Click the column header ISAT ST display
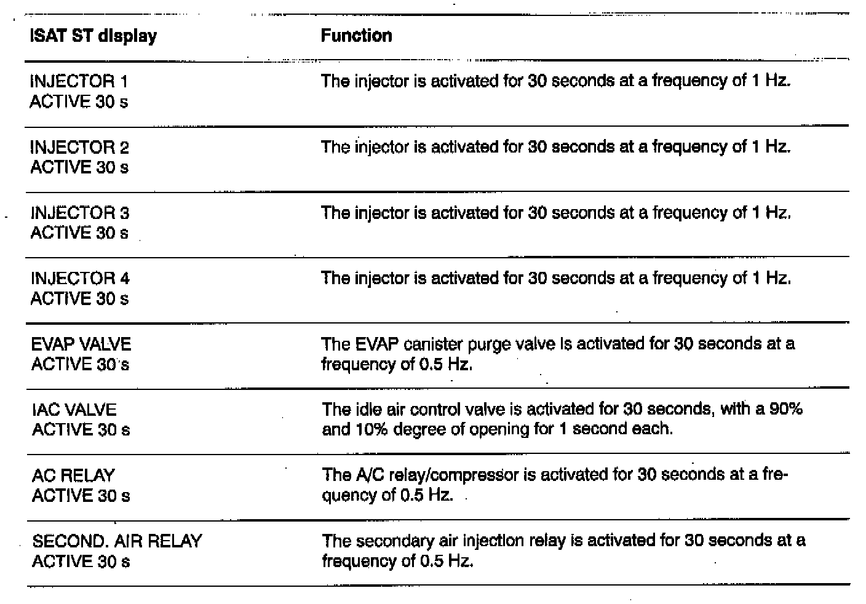(x=93, y=36)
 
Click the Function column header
(x=356, y=36)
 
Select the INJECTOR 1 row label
(x=79, y=81)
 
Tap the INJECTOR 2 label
(x=79, y=148)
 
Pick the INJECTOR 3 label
(x=80, y=213)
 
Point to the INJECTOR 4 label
(x=80, y=279)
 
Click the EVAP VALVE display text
(x=81, y=344)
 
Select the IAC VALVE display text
(x=74, y=410)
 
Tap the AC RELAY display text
(x=73, y=475)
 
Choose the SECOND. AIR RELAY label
(x=117, y=541)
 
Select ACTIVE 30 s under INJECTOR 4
(x=79, y=299)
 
